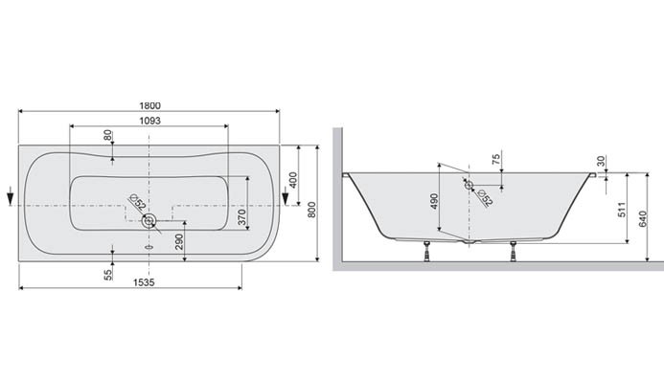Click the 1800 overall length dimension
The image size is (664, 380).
(x=149, y=105)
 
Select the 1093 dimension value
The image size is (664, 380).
(x=149, y=121)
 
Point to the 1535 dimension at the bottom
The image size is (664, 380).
(x=130, y=282)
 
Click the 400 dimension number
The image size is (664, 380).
(x=292, y=179)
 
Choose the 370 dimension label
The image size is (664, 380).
(x=241, y=218)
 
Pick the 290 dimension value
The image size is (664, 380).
(x=179, y=243)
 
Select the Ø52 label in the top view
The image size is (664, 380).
(x=135, y=204)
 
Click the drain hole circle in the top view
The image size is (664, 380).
(x=149, y=222)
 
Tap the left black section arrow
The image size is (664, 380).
(x=10, y=198)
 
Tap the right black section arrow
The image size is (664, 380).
(x=285, y=198)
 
